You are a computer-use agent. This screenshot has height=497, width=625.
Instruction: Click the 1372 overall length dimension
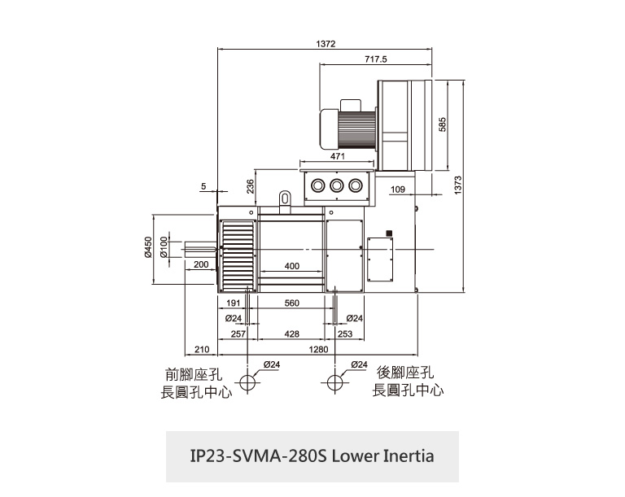pos(326,43)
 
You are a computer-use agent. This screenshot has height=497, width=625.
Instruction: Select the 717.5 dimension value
pos(376,59)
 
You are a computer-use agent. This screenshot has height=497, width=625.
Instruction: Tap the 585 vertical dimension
pos(443,124)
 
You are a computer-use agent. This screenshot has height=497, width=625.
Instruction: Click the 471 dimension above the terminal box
pos(338,155)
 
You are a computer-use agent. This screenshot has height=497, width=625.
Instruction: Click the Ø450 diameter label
pos(148,247)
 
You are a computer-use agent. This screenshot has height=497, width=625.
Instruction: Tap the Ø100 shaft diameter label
pos(164,247)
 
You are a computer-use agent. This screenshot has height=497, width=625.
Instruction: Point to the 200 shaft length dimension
pos(201,265)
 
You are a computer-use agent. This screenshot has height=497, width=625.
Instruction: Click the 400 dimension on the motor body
pos(292,266)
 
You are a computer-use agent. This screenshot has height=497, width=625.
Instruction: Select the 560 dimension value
pos(292,303)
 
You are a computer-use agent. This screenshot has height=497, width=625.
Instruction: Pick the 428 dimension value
pos(292,334)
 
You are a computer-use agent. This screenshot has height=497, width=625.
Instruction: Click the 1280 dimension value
pos(318,349)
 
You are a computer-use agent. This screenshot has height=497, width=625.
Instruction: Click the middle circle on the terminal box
pos(337,186)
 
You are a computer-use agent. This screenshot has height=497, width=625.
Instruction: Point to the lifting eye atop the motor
pos(284,197)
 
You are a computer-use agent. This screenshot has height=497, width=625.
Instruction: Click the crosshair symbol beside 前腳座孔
pos(246,381)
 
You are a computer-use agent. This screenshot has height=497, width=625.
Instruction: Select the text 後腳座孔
pos(404,373)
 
